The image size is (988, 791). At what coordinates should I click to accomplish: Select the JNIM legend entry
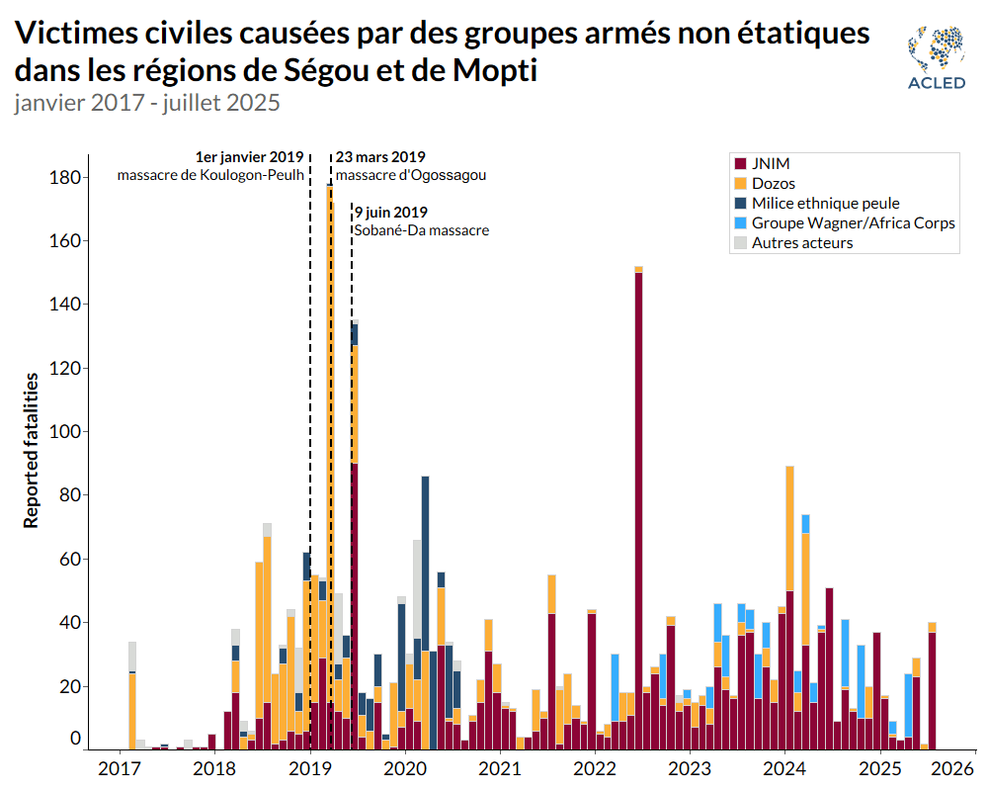[x=770, y=164]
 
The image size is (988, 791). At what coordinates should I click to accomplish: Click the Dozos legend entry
[x=773, y=184]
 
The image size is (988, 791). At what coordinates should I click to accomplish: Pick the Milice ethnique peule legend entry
[x=825, y=204]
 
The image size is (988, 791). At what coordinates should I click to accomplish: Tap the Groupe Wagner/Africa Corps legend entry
[x=853, y=223]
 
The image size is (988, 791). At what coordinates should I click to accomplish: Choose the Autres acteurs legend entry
[x=801, y=243]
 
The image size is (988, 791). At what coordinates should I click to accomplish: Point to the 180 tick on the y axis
[x=67, y=178]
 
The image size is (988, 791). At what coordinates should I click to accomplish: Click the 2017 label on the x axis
[x=120, y=769]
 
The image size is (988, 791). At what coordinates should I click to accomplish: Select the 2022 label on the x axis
[x=595, y=769]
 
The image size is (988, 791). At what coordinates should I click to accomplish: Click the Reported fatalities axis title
[x=32, y=450]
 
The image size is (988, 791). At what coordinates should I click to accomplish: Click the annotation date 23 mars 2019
[x=380, y=157]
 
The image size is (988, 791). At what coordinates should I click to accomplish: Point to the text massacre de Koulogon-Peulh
[x=210, y=176]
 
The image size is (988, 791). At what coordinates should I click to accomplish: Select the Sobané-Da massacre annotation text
[x=422, y=230]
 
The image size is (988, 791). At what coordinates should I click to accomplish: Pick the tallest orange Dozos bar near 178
[x=330, y=395]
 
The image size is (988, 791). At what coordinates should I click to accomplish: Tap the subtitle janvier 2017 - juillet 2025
[x=148, y=103]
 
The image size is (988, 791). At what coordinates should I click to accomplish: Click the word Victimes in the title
[x=75, y=34]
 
